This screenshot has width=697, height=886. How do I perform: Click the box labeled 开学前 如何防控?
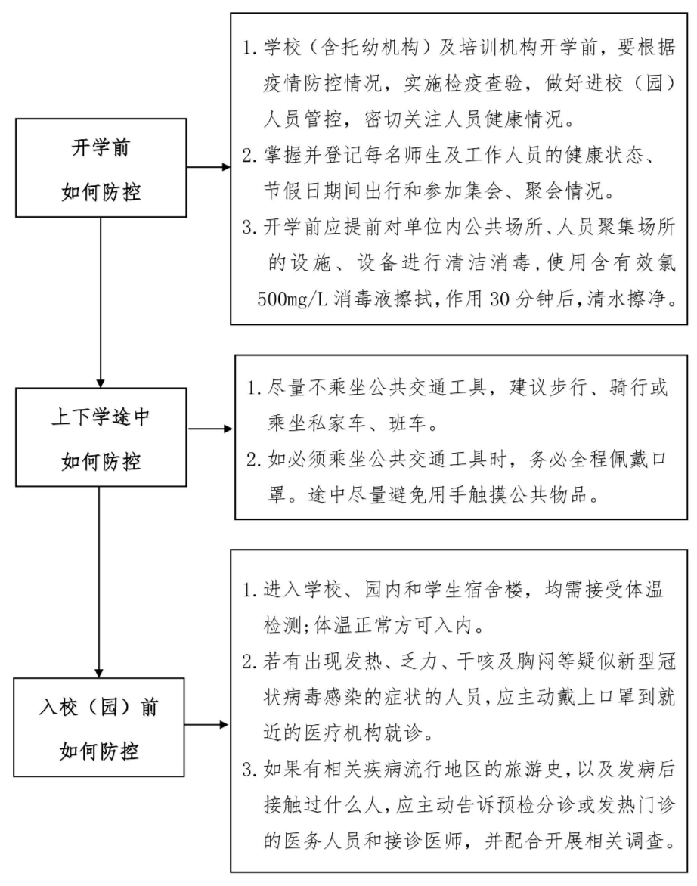pyautogui.click(x=101, y=169)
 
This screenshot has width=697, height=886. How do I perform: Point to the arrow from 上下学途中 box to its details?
pyautogui.click(x=211, y=429)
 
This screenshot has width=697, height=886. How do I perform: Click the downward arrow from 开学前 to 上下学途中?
pyautogui.click(x=101, y=302)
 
